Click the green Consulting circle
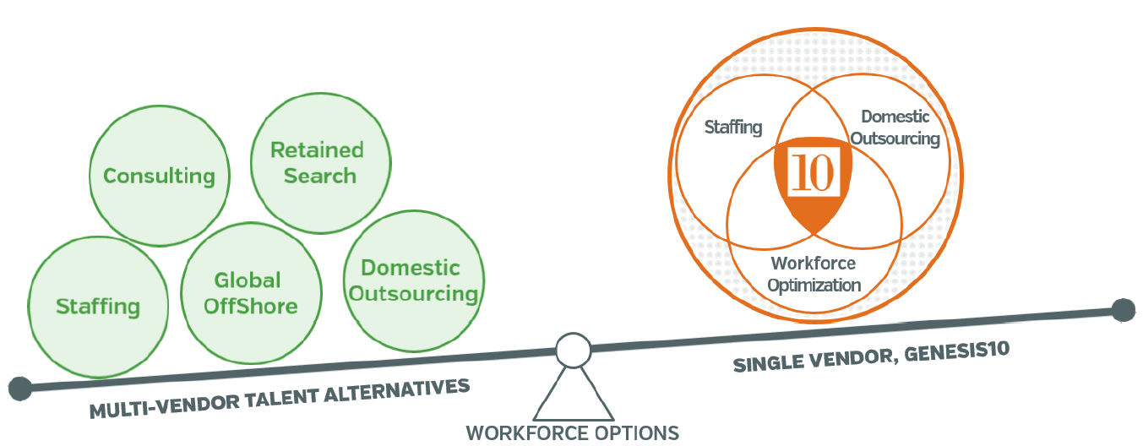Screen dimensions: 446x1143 (158, 176)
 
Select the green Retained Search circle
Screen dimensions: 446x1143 (321, 163)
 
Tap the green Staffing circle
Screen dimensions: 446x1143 (98, 305)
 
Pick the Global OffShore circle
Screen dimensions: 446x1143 (251, 292)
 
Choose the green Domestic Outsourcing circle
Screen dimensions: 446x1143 (414, 280)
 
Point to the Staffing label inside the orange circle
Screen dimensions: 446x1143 (733, 128)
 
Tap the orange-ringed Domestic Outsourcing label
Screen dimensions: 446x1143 (895, 128)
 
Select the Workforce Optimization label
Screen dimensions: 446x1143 (814, 274)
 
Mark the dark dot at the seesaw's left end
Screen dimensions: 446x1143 (19, 389)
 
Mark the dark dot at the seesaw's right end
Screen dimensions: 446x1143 (1123, 310)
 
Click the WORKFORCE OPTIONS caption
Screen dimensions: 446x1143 (572, 433)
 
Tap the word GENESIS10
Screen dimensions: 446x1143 (959, 351)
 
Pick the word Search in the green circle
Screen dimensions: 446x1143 (320, 177)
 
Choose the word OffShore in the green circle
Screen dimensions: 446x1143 (251, 305)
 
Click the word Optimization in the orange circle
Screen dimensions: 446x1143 (814, 285)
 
